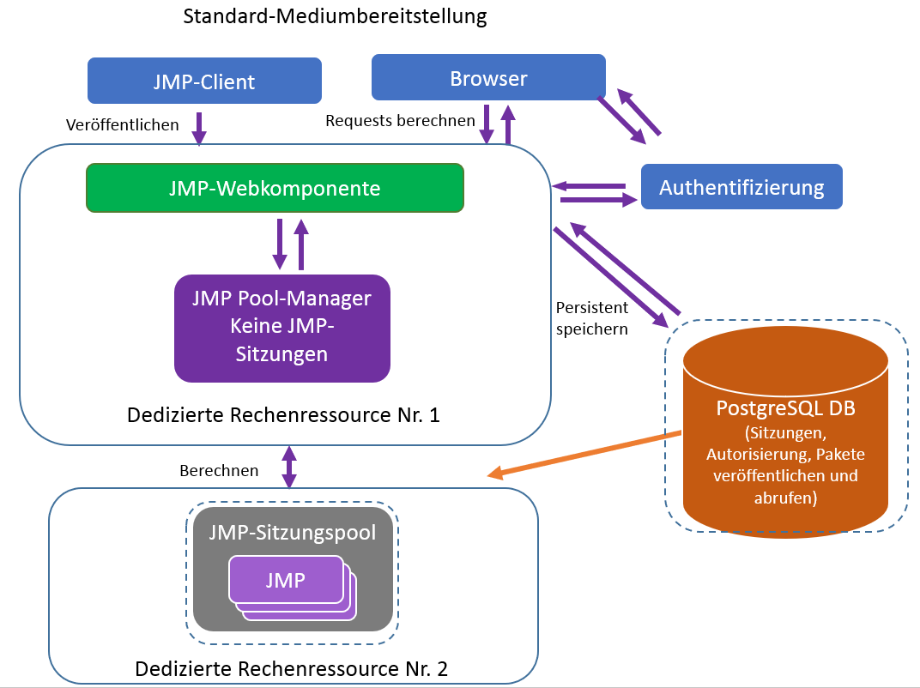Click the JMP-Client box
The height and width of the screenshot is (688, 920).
tap(204, 81)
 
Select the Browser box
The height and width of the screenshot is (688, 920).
tap(488, 78)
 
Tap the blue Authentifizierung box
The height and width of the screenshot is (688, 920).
tap(741, 187)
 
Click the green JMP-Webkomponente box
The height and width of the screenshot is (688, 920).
tap(275, 188)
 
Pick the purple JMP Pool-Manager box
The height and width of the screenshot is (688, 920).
tap(282, 328)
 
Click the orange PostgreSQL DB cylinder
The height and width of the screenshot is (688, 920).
tap(785, 429)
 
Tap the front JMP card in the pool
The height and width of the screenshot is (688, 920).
tap(285, 580)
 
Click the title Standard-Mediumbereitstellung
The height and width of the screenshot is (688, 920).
tap(335, 15)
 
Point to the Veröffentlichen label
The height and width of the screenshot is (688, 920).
tap(123, 125)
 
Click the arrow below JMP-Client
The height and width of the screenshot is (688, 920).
tap(199, 128)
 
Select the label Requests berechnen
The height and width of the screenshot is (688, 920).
tap(400, 121)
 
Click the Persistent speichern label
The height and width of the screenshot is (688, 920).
tap(592, 317)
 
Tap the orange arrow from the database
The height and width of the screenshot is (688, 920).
tap(584, 452)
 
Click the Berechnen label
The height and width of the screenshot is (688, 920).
tap(219, 471)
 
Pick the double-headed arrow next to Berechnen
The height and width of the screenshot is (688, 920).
tap(289, 467)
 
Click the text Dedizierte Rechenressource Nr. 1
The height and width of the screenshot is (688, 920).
tap(283, 416)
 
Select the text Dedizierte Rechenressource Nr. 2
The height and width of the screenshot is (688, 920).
tap(292, 668)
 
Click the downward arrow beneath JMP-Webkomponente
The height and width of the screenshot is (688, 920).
tap(280, 244)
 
